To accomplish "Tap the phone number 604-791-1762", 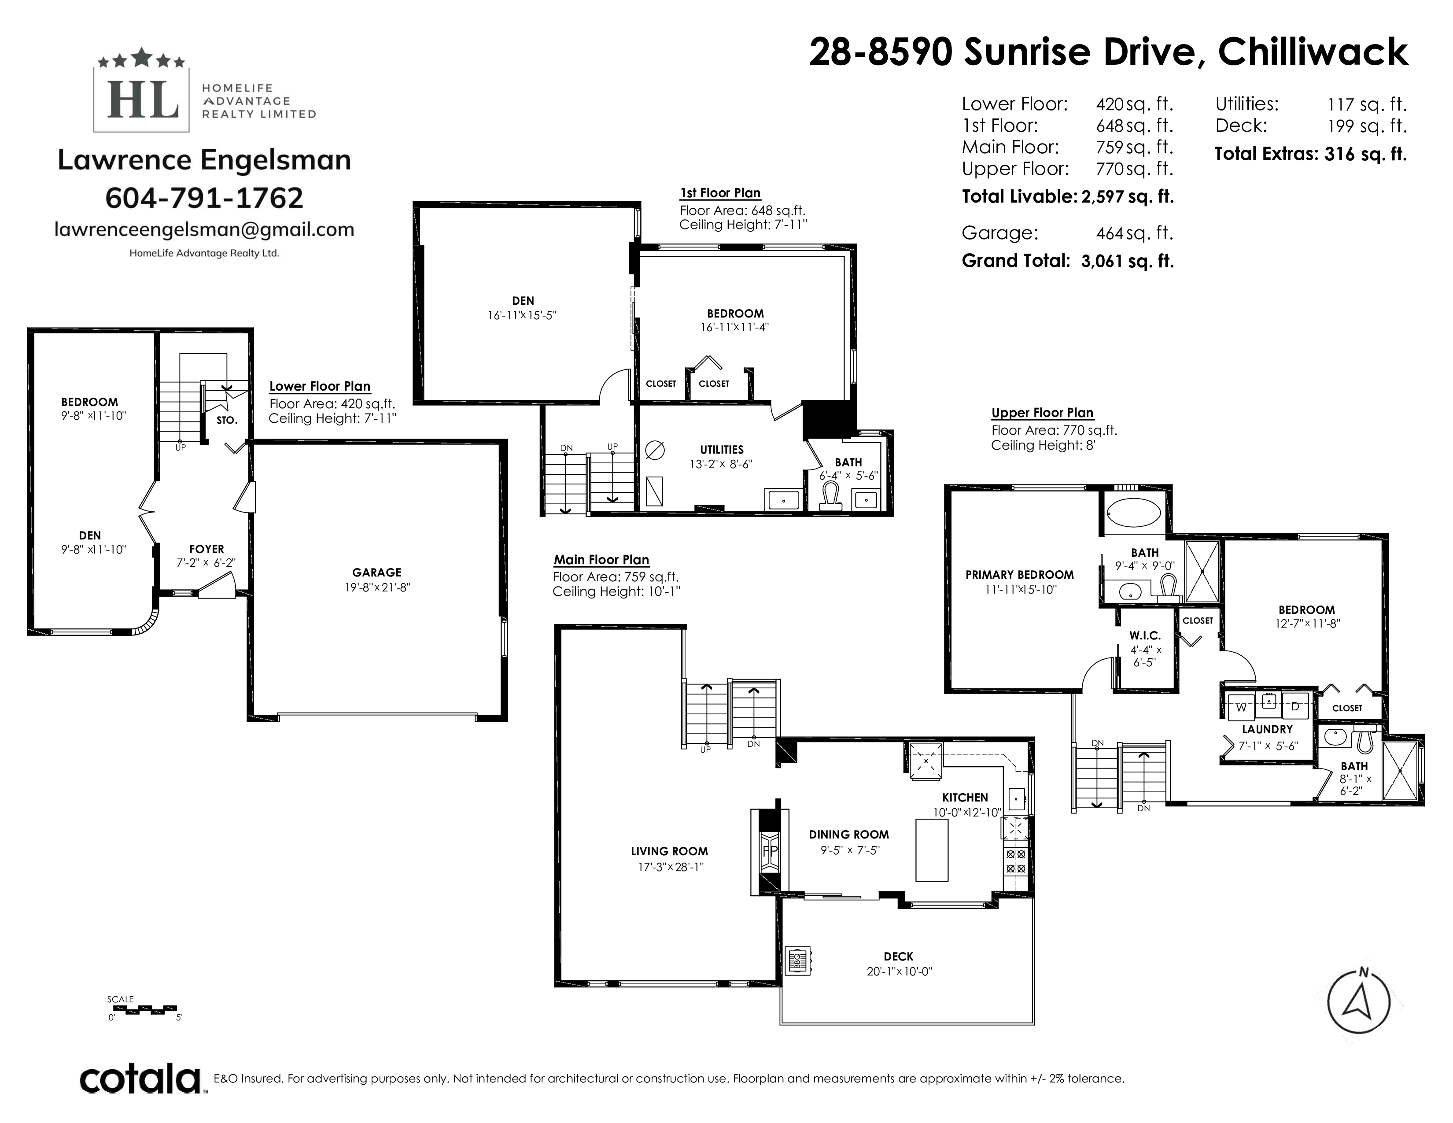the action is coord(204,198).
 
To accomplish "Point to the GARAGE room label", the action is coord(376,572).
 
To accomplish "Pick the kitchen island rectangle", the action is coord(932,850).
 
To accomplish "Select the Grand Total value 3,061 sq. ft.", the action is coord(1128,261).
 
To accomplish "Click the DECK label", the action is coord(898,957).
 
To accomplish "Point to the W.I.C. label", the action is coord(1144,635).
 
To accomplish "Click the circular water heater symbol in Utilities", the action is coord(655,451).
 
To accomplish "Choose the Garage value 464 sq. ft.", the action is coord(1134,233).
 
